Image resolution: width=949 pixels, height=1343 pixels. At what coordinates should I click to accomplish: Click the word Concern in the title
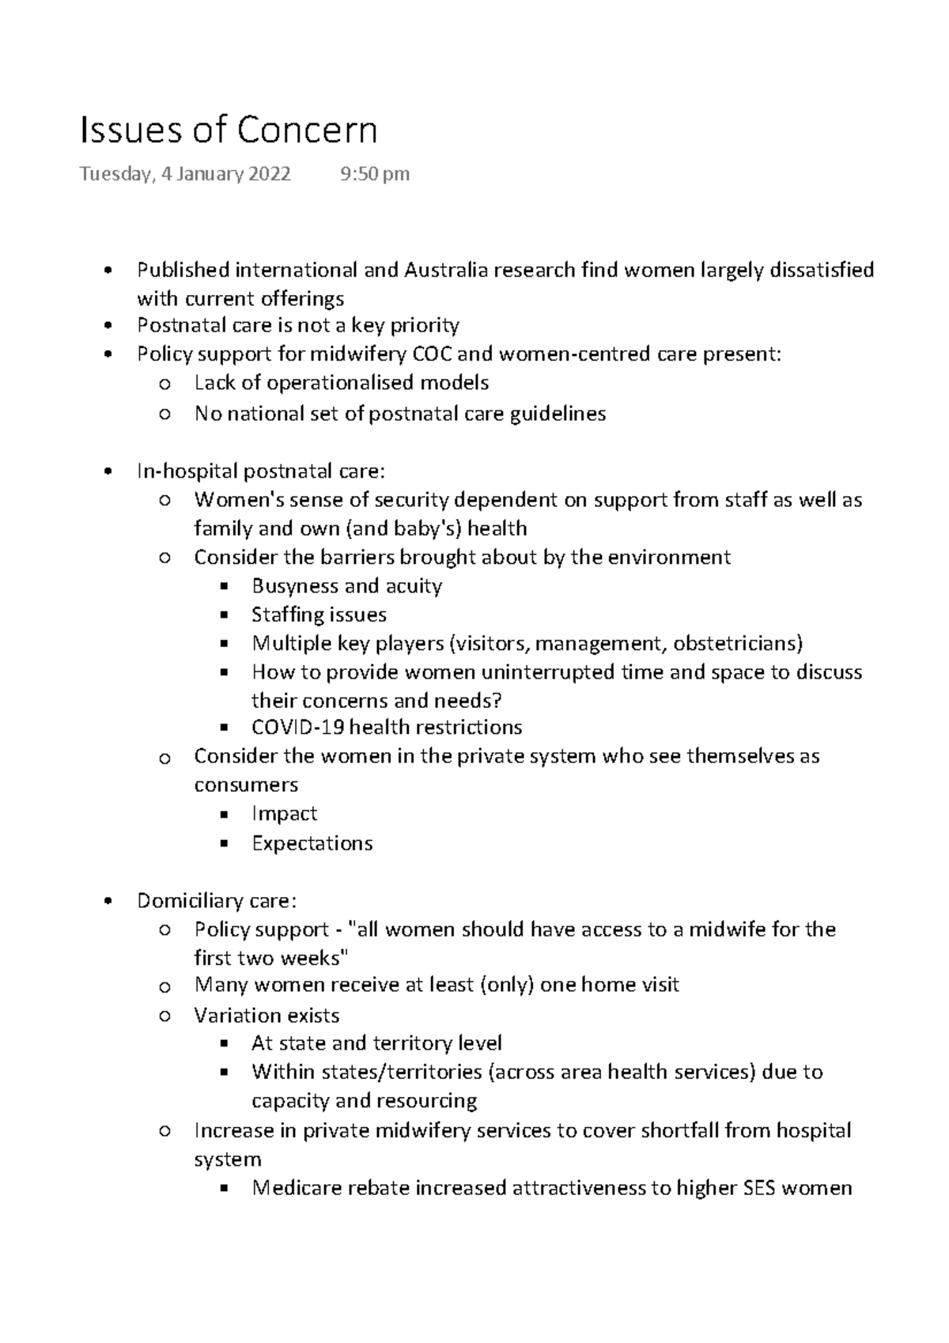(308, 131)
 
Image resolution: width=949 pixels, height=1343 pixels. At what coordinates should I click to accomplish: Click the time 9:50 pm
(374, 174)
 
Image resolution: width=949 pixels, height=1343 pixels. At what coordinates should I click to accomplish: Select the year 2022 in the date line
(269, 174)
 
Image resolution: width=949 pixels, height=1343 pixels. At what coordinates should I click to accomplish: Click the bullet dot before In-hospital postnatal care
(108, 472)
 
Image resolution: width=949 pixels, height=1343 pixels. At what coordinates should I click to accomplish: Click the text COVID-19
(297, 727)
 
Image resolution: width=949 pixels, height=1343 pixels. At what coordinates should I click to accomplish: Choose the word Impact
(284, 814)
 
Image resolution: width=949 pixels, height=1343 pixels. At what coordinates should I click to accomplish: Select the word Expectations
(312, 843)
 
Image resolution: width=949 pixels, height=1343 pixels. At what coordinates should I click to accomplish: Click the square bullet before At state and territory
(224, 1044)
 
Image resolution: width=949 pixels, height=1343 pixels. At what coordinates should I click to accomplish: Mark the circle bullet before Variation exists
(164, 1016)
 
